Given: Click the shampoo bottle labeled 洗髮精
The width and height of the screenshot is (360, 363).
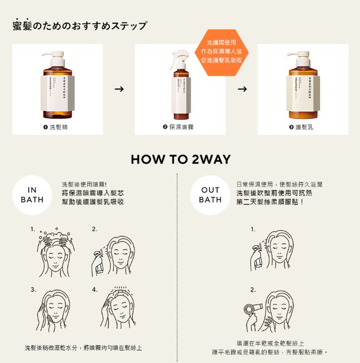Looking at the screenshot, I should [58, 87].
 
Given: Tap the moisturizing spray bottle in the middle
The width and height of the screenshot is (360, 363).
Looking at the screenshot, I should [180, 89].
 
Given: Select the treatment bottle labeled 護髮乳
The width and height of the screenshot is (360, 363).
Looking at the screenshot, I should [303, 87].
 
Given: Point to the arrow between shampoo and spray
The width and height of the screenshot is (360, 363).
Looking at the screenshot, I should [119, 89].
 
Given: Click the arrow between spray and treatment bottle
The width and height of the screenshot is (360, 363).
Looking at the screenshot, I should [242, 89].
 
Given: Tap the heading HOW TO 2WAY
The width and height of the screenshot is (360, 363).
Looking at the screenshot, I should [180, 159].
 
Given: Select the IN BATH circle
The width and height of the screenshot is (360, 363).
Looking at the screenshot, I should [32, 195].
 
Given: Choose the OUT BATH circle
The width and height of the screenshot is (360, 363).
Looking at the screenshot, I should [210, 195].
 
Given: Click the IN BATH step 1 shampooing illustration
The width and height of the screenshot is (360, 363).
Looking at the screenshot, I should [56, 253].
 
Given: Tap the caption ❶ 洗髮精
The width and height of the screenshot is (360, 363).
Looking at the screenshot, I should [57, 127].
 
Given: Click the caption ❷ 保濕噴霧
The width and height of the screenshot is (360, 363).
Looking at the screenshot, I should [180, 127].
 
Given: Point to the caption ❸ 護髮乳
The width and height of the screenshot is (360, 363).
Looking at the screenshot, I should [303, 127].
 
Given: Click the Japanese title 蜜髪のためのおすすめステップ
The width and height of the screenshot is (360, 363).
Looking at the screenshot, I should [80, 26].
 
